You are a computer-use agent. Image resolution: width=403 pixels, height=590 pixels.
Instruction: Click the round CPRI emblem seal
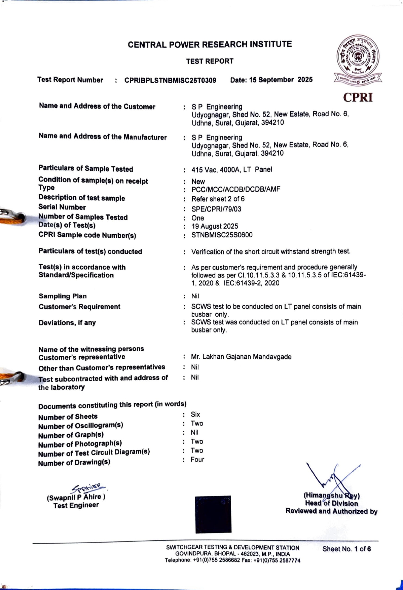(358, 56)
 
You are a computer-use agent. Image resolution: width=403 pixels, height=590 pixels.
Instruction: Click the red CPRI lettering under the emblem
(358, 97)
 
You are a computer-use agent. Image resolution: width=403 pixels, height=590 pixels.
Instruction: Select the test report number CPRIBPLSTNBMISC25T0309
(170, 80)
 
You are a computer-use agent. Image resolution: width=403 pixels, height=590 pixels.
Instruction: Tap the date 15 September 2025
(271, 80)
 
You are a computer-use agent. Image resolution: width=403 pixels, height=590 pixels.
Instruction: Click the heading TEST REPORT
(210, 61)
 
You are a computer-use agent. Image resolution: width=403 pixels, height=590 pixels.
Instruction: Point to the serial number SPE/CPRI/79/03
(216, 209)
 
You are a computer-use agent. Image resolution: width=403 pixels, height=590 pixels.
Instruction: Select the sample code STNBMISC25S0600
(222, 235)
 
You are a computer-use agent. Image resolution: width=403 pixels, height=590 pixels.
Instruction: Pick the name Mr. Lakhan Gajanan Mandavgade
(241, 357)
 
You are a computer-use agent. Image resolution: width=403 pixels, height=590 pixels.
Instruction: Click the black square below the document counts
(213, 514)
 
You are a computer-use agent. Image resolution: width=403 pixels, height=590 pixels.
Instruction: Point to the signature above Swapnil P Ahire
(88, 488)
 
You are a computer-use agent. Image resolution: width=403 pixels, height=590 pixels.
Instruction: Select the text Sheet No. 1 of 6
(346, 549)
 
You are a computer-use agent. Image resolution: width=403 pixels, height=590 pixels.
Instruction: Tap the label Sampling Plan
(63, 296)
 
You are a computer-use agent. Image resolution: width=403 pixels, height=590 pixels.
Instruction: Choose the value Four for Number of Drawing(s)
(197, 460)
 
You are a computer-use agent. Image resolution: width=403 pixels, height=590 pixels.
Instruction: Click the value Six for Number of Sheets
(195, 415)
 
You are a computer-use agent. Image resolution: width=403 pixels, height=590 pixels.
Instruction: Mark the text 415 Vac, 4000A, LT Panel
(231, 170)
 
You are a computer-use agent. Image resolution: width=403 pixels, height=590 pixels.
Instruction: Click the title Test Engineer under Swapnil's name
(76, 505)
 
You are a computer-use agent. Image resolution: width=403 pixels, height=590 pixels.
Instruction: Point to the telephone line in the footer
(232, 560)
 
